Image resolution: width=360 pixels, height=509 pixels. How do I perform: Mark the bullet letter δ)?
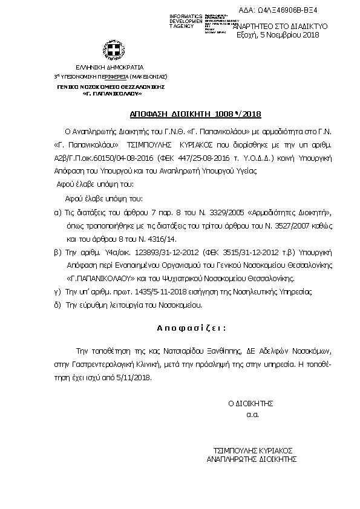pyautogui.click(x=57, y=305)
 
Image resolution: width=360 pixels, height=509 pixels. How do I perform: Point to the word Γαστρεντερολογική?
pyautogui.click(x=106, y=364)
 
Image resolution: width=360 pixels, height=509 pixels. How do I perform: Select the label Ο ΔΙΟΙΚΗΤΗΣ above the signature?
pyautogui.click(x=251, y=403)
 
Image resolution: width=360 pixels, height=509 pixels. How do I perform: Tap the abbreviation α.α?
pyautogui.click(x=252, y=415)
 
